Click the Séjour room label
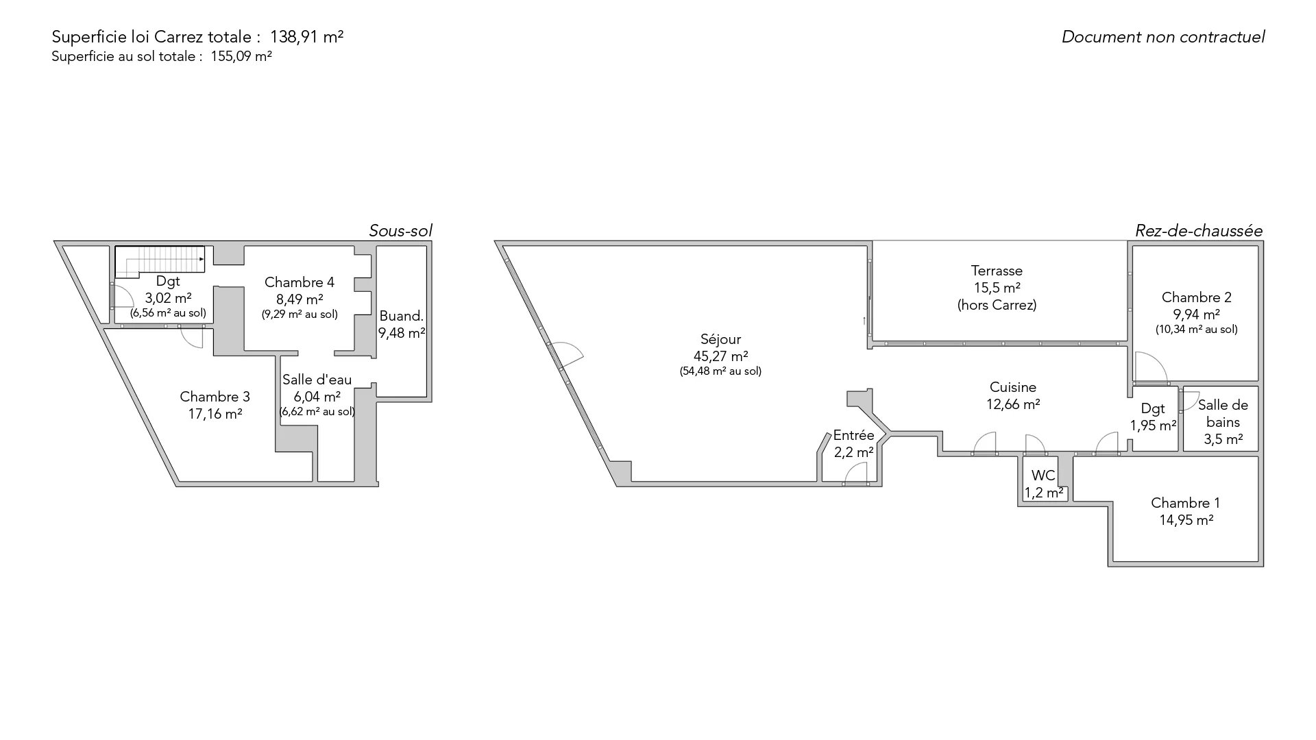pyautogui.click(x=720, y=339)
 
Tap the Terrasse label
pyautogui.click(x=997, y=271)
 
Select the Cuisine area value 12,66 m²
pyautogui.click(x=1013, y=404)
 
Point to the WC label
pyautogui.click(x=1043, y=476)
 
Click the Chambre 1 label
pyautogui.click(x=1186, y=503)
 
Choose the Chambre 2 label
pyautogui.click(x=1196, y=297)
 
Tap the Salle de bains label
pyautogui.click(x=1223, y=414)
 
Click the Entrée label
pyautogui.click(x=853, y=435)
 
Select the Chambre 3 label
pyautogui.click(x=215, y=397)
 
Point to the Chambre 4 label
pyautogui.click(x=300, y=282)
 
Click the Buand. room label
pyautogui.click(x=402, y=316)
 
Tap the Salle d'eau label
pyautogui.click(x=317, y=380)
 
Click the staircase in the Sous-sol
pyautogui.click(x=160, y=260)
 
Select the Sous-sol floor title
pyautogui.click(x=400, y=231)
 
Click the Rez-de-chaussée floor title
pyautogui.click(x=1199, y=231)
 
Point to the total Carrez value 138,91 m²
pyautogui.click(x=306, y=37)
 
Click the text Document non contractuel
pyautogui.click(x=1163, y=37)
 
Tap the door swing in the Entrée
pyautogui.click(x=855, y=474)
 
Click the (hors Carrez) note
pyautogui.click(x=997, y=305)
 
